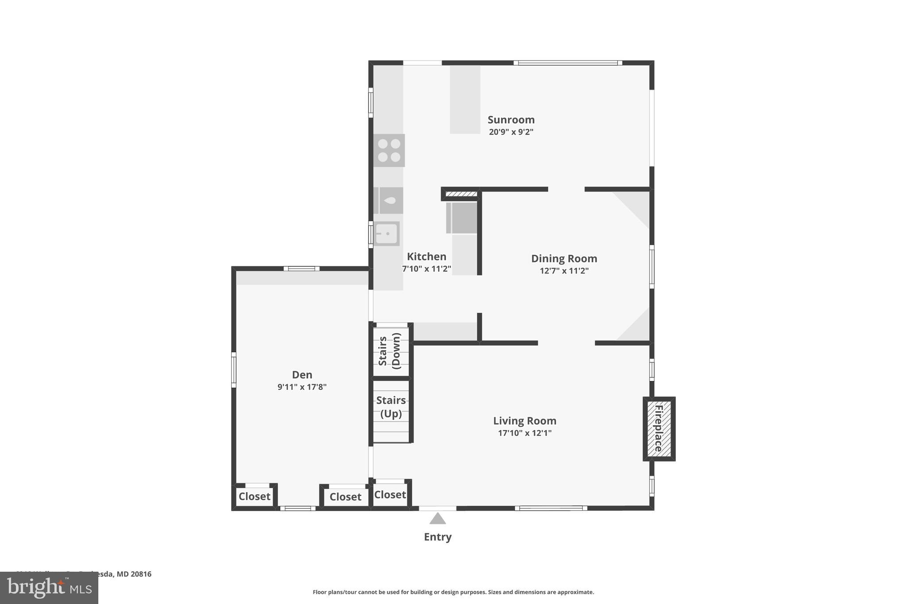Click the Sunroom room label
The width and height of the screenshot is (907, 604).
click(511, 120)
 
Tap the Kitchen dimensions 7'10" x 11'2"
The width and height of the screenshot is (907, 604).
click(426, 269)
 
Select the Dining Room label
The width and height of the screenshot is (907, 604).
click(564, 258)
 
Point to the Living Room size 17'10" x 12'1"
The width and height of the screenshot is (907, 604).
click(524, 433)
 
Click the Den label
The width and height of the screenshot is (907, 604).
click(302, 375)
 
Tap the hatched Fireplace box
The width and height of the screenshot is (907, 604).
click(659, 428)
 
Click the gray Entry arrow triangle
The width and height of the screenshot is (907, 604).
click(438, 519)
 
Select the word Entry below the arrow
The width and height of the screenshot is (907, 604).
click(438, 537)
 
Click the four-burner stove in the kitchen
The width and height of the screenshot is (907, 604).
click(389, 150)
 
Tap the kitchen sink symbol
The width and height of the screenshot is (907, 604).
click(387, 234)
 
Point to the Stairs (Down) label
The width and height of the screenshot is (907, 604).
click(390, 351)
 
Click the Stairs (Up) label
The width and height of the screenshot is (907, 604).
click(391, 407)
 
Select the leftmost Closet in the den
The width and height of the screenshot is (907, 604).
click(254, 496)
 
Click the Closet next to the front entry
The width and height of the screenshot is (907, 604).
click(390, 495)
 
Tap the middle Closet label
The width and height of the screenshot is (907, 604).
click(345, 497)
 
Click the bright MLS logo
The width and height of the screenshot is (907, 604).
click(49, 588)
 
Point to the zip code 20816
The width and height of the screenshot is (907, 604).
click(140, 574)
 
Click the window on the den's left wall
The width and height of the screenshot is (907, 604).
click(234, 369)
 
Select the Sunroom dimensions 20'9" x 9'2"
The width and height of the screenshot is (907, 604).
click(511, 132)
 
